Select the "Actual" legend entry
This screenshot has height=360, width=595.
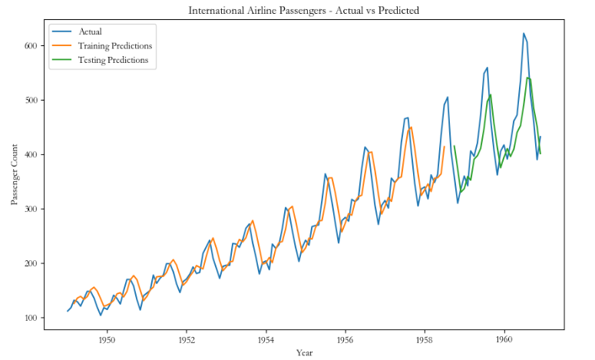coord(90,31)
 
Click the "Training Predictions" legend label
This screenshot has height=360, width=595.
coord(115,46)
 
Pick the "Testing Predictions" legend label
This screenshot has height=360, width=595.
coord(113,60)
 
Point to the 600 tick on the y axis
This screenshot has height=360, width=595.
coord(31,45)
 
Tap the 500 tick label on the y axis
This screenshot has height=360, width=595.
coord(31,100)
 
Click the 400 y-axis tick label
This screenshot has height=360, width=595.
coord(31,154)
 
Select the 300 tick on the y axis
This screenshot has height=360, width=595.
coord(31,209)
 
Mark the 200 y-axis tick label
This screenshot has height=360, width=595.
coord(31,263)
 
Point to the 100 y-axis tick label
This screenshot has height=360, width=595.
coord(31,318)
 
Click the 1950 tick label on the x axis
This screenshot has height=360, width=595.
coord(107,339)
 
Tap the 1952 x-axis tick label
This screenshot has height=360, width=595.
coord(187,339)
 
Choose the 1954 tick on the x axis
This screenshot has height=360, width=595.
coord(266,339)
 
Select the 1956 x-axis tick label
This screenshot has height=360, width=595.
coord(345,339)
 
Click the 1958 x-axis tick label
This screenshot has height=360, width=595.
coord(425,339)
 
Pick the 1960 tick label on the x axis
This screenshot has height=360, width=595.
coord(504,339)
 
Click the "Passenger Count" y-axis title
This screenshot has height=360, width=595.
coord(15,174)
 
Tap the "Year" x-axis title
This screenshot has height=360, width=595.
coord(304,353)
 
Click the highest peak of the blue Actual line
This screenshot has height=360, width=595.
coord(524,33)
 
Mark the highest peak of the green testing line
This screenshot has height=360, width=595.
coord(527,78)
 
